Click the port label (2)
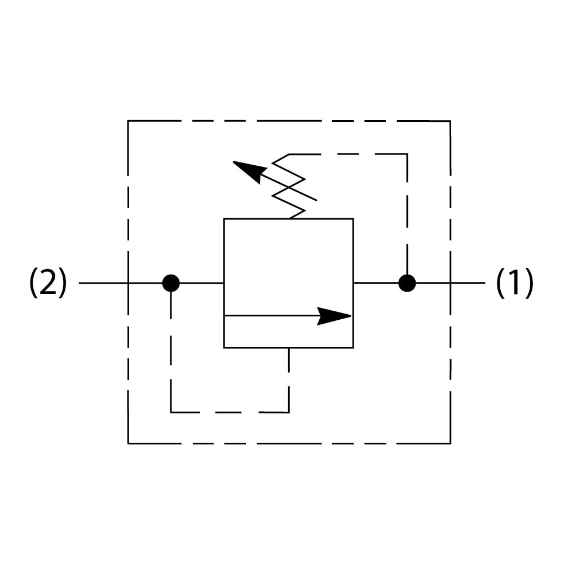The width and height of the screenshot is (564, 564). coord(48,283)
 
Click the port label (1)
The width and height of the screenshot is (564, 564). coord(514,283)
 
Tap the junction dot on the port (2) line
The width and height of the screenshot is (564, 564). coord(171,283)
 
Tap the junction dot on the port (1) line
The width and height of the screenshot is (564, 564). coord(407,283)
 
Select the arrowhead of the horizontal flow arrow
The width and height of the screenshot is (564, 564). coord(336,316)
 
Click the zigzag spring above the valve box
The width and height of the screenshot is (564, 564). coord(289,187)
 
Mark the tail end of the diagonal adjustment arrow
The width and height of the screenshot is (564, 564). coord(316,200)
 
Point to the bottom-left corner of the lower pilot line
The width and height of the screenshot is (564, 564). coord(171,412)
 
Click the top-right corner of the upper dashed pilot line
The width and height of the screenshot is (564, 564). coord(407,154)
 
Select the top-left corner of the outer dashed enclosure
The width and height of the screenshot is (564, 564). coord(128,121)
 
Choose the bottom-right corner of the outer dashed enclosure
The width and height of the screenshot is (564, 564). coord(450,443)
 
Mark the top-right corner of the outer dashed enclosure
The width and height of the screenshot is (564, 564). coord(450,121)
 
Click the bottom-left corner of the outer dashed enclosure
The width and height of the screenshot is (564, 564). coord(128,443)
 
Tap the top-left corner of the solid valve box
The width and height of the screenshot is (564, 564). coord(224,218)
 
